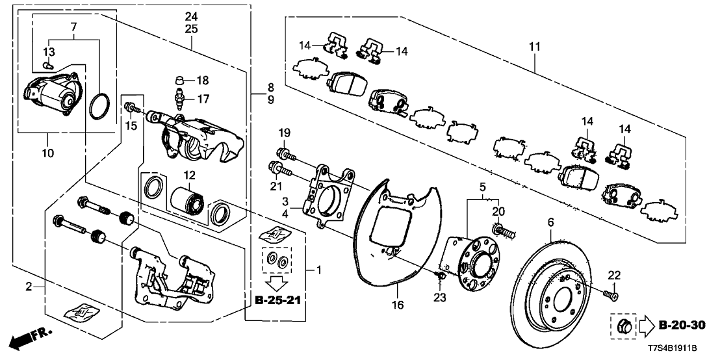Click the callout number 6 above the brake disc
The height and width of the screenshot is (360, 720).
[x=550, y=223]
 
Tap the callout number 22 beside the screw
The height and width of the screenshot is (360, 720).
[x=614, y=276]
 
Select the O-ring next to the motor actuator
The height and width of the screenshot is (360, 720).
[x=99, y=107]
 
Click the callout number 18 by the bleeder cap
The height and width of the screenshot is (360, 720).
[x=203, y=81]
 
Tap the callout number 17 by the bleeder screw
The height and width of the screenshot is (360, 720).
[x=203, y=99]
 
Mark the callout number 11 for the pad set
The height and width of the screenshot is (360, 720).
[x=534, y=47]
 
